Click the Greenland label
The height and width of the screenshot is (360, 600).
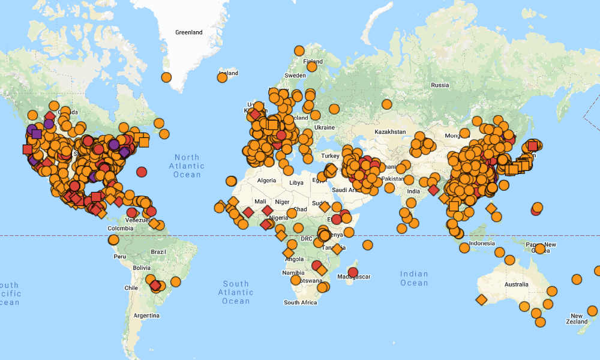(x=188, y=32)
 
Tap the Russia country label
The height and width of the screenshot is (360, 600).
(x=440, y=85)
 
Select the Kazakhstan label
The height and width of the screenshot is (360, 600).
(x=390, y=131)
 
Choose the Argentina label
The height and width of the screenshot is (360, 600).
(x=146, y=315)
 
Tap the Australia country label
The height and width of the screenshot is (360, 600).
(x=516, y=284)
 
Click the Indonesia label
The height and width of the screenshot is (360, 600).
(x=482, y=244)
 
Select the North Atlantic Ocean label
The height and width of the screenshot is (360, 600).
(x=186, y=166)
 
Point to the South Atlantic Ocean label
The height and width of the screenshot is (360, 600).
(x=235, y=292)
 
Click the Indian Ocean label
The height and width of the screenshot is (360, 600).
(x=414, y=278)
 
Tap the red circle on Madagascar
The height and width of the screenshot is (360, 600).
(x=353, y=272)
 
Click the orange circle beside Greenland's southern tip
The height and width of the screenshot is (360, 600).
(x=166, y=77)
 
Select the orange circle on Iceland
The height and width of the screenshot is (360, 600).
(x=222, y=77)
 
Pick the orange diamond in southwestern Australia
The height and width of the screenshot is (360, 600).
(x=481, y=299)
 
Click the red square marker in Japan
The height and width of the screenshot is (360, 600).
(x=532, y=146)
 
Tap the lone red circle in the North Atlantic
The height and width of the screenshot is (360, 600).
(x=142, y=172)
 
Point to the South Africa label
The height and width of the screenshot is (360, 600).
(x=300, y=302)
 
